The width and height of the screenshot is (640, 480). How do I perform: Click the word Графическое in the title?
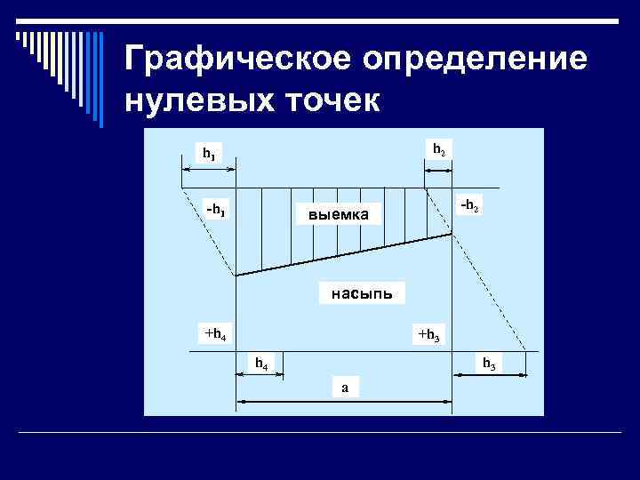tap(228, 60)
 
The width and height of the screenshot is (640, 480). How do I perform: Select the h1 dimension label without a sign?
tap(207, 153)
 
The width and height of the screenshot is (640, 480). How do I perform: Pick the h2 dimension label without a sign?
tap(439, 148)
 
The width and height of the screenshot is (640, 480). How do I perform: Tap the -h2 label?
tap(470, 205)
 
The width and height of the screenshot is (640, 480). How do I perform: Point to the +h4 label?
tap(214, 334)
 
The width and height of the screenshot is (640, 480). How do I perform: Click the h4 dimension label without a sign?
tap(261, 364)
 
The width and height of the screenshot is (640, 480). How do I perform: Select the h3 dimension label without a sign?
tap(489, 364)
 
